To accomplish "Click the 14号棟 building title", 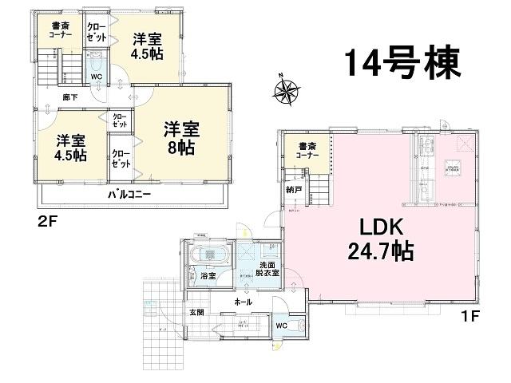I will (403, 62).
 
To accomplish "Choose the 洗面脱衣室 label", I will (269, 269).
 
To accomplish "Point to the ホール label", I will (244, 302).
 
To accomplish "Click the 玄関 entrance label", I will (196, 312).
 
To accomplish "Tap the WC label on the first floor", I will (282, 325).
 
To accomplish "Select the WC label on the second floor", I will (96, 77).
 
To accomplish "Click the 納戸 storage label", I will (294, 191).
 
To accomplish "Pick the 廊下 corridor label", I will (71, 97).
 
